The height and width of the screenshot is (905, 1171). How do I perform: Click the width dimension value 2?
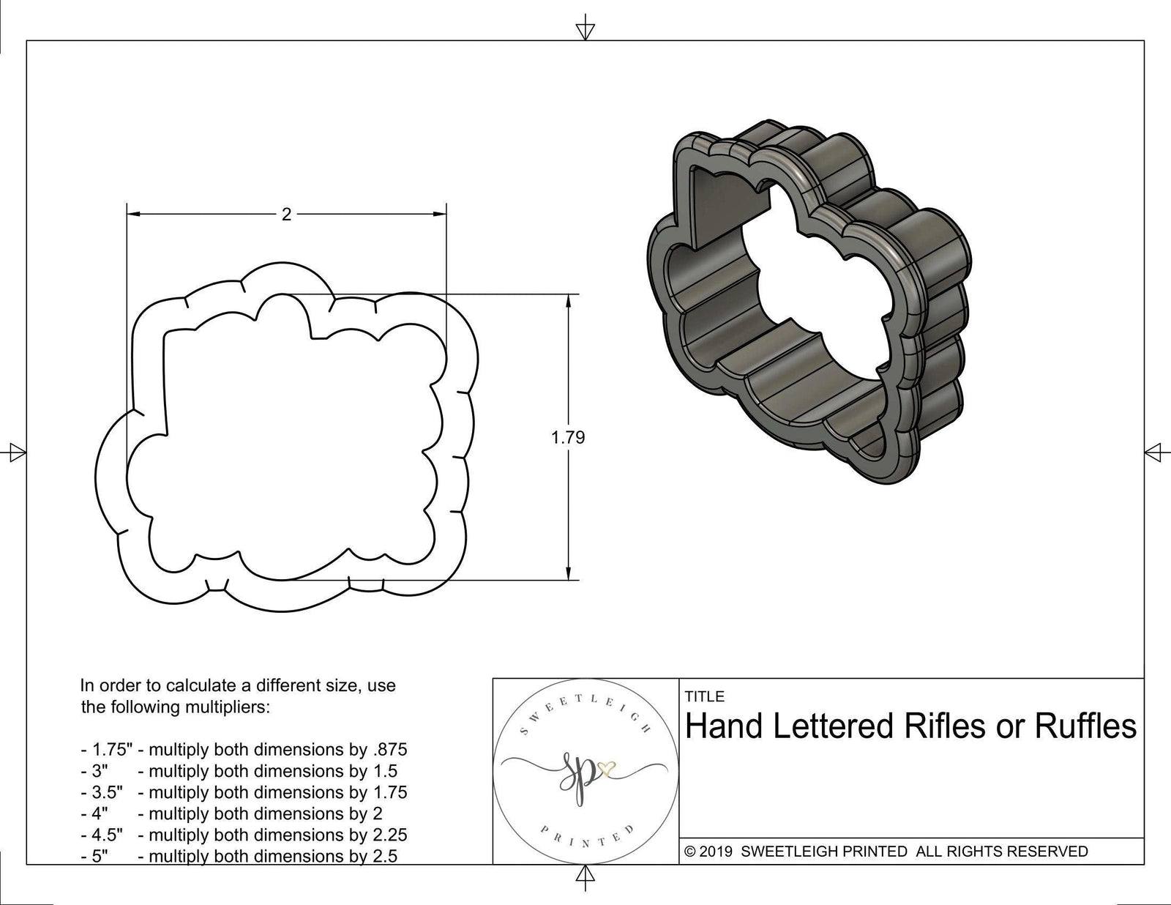pos(287,215)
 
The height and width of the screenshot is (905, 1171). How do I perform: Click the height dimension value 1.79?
pos(568,437)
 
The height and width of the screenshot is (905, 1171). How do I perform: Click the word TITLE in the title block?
pos(704,696)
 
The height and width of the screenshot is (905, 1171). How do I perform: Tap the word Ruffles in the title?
pos(1085,727)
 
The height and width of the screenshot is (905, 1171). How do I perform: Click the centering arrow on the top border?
pos(585,29)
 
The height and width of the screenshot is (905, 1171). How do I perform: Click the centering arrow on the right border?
pos(1154,452)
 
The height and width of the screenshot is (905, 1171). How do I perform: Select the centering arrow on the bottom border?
pos(585,875)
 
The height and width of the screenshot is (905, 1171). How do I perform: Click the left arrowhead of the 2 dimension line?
pos(134,215)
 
